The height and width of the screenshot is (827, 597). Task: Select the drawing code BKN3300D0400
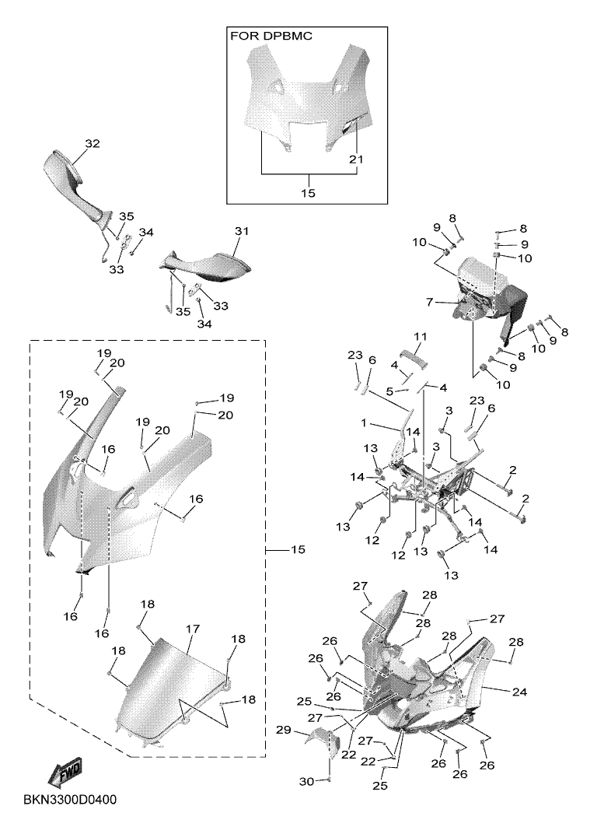(73, 800)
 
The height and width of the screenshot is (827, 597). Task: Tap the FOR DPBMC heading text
(271, 36)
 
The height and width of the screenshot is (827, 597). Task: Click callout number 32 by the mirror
(93, 144)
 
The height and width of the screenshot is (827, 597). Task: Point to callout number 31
(241, 231)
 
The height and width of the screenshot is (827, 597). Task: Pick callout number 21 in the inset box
(357, 159)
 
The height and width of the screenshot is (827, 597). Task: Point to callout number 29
(284, 730)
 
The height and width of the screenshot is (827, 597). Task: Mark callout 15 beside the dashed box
(298, 550)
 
